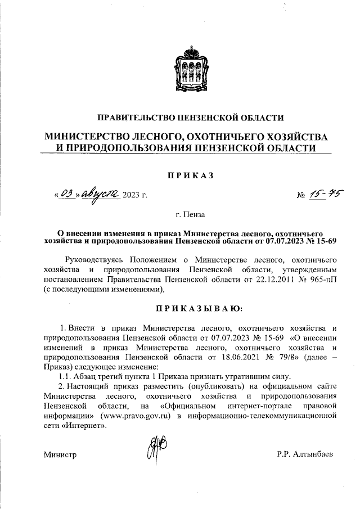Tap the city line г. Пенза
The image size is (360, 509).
click(190, 214)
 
